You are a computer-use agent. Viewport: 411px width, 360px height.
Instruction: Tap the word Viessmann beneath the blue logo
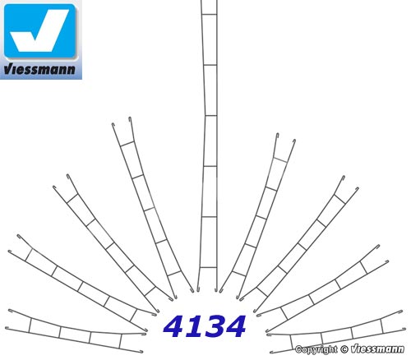pyautogui.click(x=39, y=69)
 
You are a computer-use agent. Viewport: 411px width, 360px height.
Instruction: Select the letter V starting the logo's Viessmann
pyautogui.click(x=7, y=69)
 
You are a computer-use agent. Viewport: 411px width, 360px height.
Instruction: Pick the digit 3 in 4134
pyautogui.click(x=213, y=326)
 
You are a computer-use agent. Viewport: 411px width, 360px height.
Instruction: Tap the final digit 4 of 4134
pyautogui.click(x=234, y=326)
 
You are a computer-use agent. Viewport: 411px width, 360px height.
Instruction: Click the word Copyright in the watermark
pyautogui.click(x=316, y=350)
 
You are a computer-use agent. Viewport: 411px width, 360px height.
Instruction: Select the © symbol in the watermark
pyautogui.click(x=344, y=349)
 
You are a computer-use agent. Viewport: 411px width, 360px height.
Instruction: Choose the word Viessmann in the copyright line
pyautogui.click(x=377, y=349)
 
